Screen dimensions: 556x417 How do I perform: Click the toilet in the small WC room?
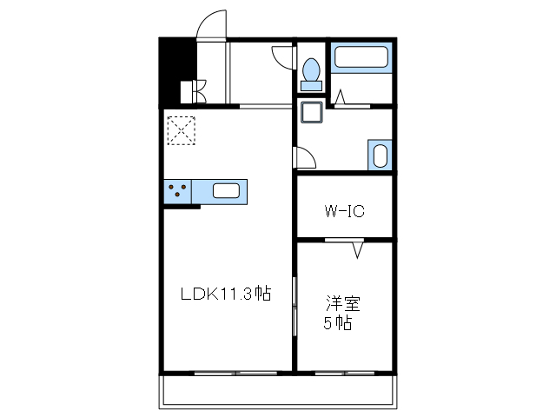click(x=311, y=75)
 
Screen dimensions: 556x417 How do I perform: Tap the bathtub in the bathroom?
click(x=361, y=57)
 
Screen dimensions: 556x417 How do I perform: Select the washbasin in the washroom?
click(x=380, y=156)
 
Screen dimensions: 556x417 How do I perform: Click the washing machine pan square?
click(x=312, y=112)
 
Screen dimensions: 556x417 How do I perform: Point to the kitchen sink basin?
click(x=226, y=191)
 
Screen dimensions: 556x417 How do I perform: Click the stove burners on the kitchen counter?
click(x=177, y=189)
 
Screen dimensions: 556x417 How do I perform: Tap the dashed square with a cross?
click(x=182, y=130)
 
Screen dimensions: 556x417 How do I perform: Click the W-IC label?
click(x=345, y=211)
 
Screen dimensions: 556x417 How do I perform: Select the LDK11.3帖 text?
click(x=226, y=294)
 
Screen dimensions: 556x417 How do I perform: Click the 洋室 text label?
click(x=342, y=303)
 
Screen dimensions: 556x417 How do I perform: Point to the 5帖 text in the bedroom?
click(x=338, y=323)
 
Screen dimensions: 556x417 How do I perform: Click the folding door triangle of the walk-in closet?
click(x=358, y=249)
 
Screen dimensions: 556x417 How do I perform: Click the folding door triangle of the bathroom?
click(x=340, y=97)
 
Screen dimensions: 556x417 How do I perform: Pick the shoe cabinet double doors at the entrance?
click(x=200, y=91)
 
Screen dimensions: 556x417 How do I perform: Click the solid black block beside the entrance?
click(x=177, y=71)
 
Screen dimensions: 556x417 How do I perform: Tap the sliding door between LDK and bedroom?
click(x=295, y=306)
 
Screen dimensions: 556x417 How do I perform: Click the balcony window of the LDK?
click(x=235, y=373)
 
